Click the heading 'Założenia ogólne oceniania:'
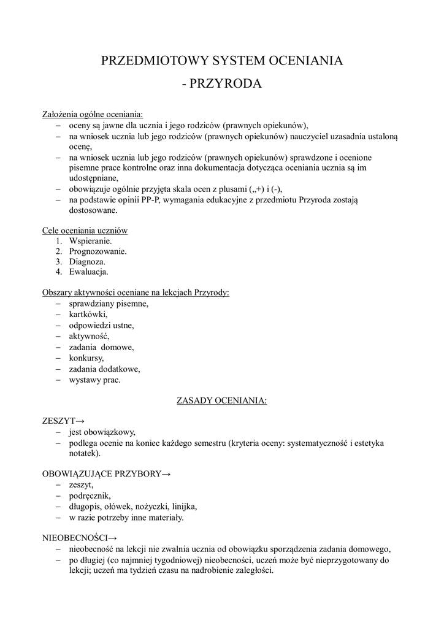(92, 114)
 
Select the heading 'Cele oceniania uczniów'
(85, 231)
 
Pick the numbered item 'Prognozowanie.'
(98, 251)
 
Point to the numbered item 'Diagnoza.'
(87, 261)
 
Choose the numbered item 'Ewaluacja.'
(89, 272)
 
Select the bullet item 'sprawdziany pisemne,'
(109, 304)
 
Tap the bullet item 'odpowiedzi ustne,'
(101, 325)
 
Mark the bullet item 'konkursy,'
(86, 358)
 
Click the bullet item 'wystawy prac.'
(95, 380)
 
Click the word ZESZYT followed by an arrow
(57, 421)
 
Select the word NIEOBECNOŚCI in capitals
(74, 538)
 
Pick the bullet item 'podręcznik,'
(91, 496)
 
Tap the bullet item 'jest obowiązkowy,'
(102, 432)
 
